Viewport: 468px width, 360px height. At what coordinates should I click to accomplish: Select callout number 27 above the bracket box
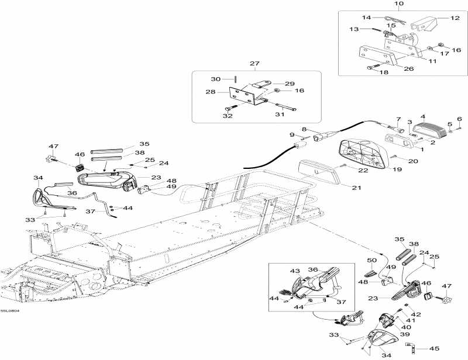point(254,64)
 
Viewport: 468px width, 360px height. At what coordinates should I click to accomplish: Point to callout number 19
point(397,169)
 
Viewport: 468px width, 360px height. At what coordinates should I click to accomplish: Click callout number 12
point(455,18)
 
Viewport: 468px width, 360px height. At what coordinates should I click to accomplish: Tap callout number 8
point(304,129)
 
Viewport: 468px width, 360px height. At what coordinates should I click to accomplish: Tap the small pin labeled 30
point(234,79)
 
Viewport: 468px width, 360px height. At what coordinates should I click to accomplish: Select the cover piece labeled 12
point(425,24)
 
